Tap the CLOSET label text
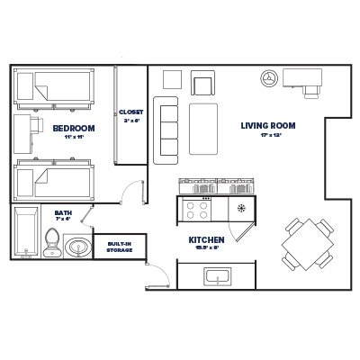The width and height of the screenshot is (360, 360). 131,112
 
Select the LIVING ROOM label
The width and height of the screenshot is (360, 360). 267,125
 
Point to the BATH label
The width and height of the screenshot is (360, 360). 62,212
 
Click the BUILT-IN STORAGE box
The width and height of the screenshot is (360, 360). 120,246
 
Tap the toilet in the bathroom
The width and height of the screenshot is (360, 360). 52,240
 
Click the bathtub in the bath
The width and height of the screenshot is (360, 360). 25,231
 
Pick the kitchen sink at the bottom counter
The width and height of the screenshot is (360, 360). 217,277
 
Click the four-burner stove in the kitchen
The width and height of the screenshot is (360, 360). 196,210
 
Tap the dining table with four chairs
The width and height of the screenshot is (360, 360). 301,243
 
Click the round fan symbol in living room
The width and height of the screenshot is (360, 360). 267,79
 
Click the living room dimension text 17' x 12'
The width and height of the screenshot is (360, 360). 267,136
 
